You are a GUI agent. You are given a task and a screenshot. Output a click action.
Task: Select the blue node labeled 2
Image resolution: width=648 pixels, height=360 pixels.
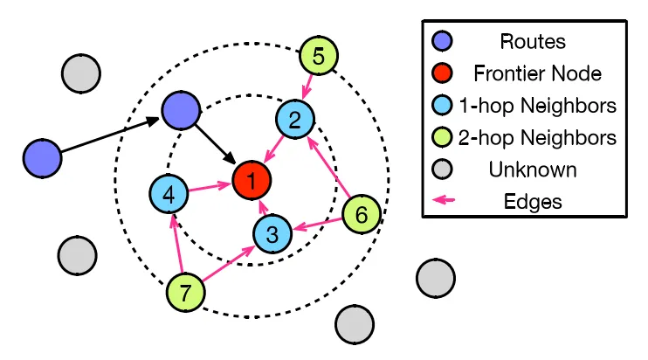click(295, 119)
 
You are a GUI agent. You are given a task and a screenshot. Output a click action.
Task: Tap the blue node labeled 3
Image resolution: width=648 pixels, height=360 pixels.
click(272, 234)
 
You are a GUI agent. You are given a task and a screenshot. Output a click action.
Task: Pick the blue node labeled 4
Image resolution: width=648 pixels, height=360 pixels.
click(169, 194)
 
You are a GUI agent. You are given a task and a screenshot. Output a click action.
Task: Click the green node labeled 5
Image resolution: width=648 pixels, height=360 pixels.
click(319, 58)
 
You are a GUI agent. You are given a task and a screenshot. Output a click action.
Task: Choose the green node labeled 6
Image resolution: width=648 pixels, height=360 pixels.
click(361, 213)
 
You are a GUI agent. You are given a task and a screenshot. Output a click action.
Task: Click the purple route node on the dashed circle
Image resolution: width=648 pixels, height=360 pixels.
click(181, 109)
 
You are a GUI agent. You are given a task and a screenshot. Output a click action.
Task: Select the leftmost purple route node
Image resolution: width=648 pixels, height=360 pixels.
click(43, 158)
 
